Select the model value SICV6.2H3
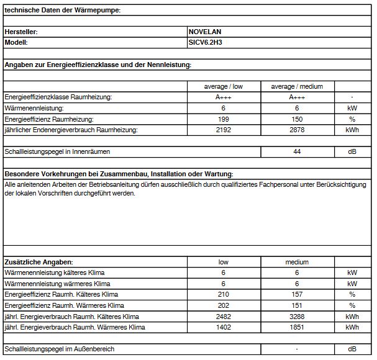tap(206, 42)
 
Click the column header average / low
tap(224, 87)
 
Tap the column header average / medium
tap(297, 87)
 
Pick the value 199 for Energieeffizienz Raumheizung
tap(224, 119)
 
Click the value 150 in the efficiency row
tap(297, 119)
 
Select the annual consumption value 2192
tap(224, 130)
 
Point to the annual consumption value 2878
tap(297, 130)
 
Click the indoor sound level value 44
tap(297, 151)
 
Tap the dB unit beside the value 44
tap(352, 151)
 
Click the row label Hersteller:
tap(21, 31)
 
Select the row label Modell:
tap(17, 42)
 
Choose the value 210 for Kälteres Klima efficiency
tap(224, 294)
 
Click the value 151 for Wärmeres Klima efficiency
tap(297, 305)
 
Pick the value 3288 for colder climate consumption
tap(297, 317)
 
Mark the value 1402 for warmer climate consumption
tap(224, 327)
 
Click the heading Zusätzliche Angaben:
tap(39, 262)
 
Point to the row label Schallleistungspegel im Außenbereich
tap(59, 349)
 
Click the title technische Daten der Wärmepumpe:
tap(62, 9)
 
